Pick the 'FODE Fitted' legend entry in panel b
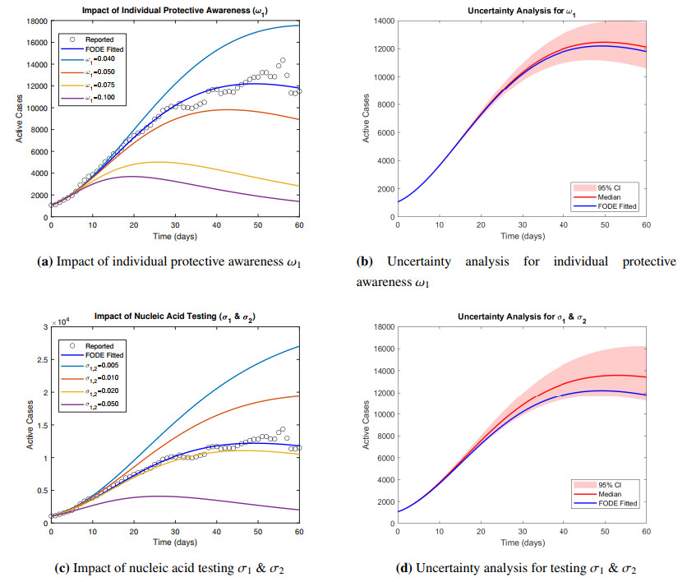click(619, 206)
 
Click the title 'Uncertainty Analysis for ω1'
click(522, 9)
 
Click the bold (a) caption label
click(45, 263)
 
